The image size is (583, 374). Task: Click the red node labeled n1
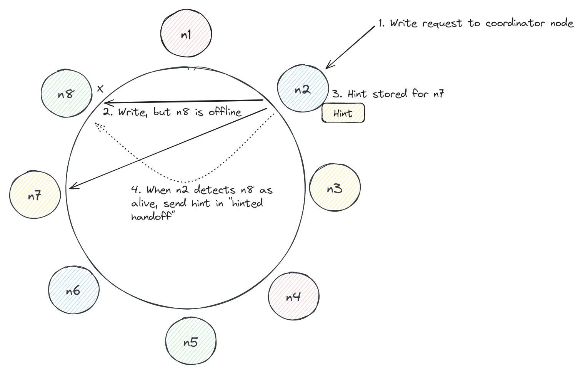tap(186, 33)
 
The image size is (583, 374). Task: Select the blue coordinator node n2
tap(303, 88)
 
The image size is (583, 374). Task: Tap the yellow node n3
tap(335, 188)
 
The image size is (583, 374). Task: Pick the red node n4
tap(293, 296)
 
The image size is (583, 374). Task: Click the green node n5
tap(191, 340)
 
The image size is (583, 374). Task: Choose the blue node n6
tap(74, 290)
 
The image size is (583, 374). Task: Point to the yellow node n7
tap(35, 195)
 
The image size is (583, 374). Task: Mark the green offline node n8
tap(67, 93)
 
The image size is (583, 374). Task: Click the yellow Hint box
tap(343, 113)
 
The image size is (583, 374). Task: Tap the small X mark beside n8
tap(100, 89)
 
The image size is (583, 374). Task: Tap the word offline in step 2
tap(225, 112)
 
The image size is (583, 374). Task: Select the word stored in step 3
tap(390, 94)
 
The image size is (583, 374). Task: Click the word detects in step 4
tap(215, 190)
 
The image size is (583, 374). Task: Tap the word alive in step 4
tap(144, 203)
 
